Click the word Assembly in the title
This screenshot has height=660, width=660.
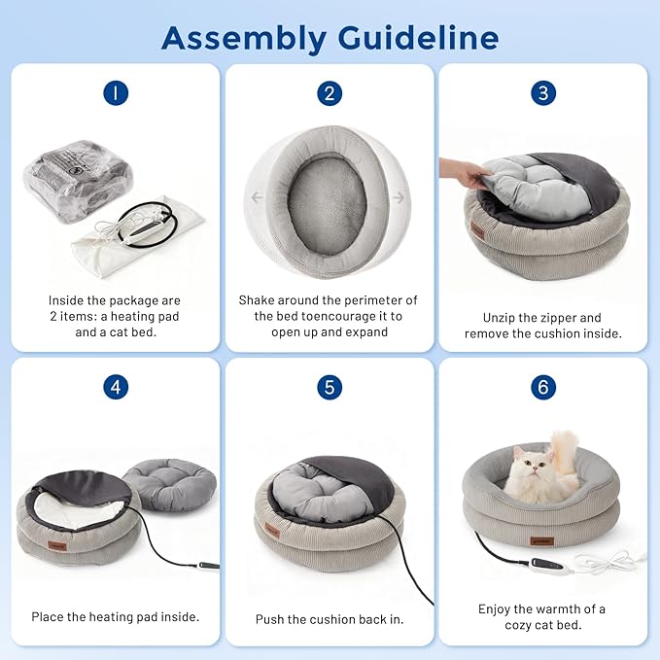(x=244, y=39)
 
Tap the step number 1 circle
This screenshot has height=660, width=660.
(x=116, y=93)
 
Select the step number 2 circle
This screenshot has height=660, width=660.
(x=330, y=93)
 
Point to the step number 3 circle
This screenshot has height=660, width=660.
(x=543, y=93)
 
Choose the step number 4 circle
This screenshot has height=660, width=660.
(x=116, y=387)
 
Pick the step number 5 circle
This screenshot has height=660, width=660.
(x=330, y=387)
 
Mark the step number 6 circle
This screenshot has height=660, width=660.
(x=543, y=387)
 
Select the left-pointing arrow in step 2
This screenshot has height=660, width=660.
(x=257, y=196)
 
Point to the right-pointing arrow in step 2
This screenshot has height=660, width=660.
(x=399, y=197)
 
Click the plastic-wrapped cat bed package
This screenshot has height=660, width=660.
(x=79, y=181)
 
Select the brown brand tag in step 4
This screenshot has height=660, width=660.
(x=56, y=546)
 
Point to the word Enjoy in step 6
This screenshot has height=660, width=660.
(x=494, y=609)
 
